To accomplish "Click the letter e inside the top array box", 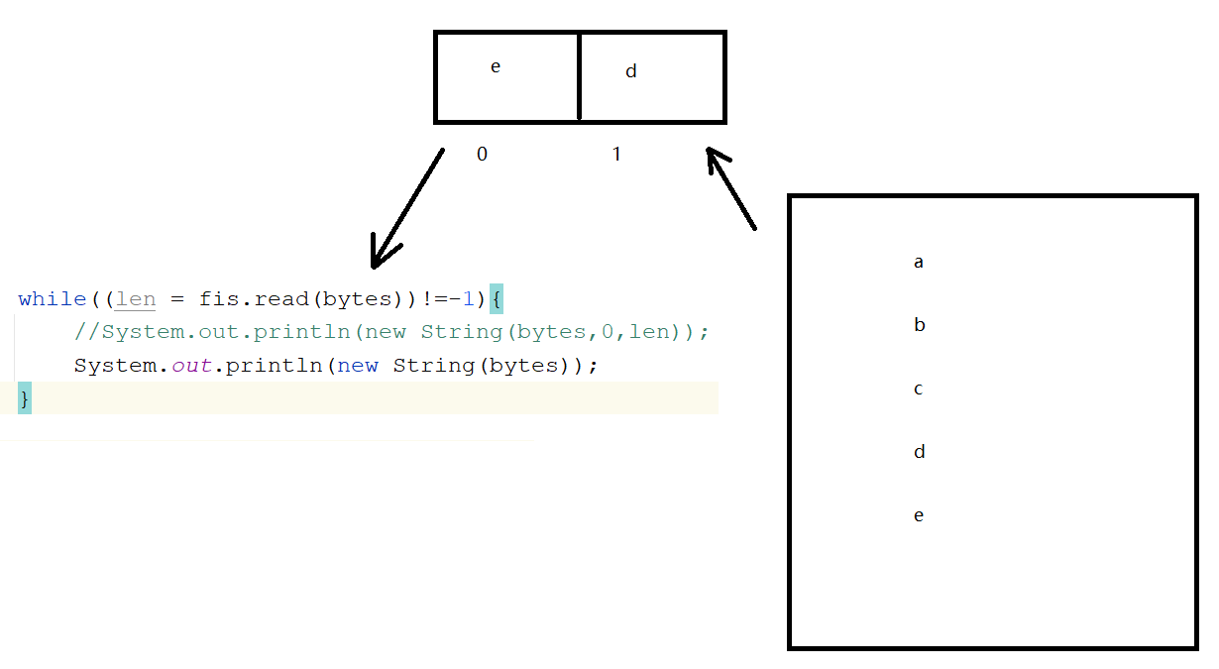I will click(496, 67).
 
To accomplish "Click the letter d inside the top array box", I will click(631, 71).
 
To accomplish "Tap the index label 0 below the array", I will click(482, 155).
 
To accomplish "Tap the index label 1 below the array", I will click(616, 155).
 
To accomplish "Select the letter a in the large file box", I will click(919, 263).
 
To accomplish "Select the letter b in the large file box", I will click(919, 325).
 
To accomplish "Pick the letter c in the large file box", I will click(919, 389).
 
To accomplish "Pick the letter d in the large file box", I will click(919, 452).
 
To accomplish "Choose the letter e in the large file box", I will click(919, 515).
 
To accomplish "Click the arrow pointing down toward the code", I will click(406, 209).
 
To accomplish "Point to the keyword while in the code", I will click(52, 299).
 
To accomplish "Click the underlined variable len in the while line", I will click(136, 299).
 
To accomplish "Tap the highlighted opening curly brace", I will click(496, 299).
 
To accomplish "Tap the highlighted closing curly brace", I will click(25, 398).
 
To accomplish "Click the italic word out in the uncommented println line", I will click(192, 366).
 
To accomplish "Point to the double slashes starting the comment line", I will click(87, 332).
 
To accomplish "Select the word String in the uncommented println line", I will click(434, 366).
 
